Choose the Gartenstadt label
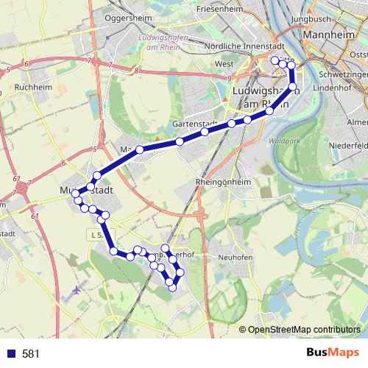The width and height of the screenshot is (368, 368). pos(194,124)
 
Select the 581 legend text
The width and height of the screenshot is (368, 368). pos(30,354)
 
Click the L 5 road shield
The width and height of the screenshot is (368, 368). pos(94,234)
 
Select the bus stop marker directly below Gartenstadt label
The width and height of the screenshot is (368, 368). pos(205,132)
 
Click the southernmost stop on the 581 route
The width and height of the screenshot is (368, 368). pos(172,287)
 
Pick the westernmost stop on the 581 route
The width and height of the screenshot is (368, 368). pos(75,193)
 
